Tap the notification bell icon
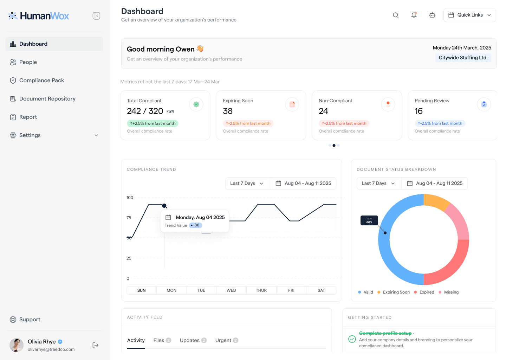pyautogui.click(x=414, y=15)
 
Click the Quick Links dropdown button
pyautogui.click(x=469, y=15)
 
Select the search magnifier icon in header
pyautogui.click(x=396, y=15)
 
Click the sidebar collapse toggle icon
pyautogui.click(x=96, y=16)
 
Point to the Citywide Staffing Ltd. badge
pyautogui.click(x=463, y=58)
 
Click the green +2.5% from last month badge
pyautogui.click(x=153, y=123)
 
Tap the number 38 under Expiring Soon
pyautogui.click(x=227, y=111)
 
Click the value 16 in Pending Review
pyautogui.click(x=419, y=111)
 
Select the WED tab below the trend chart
pyautogui.click(x=231, y=290)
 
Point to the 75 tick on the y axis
pyautogui.click(x=129, y=218)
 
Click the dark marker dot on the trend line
pyautogui.click(x=164, y=206)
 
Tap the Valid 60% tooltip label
pyautogui.click(x=369, y=220)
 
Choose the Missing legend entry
pyautogui.click(x=449, y=292)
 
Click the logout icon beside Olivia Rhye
pyautogui.click(x=95, y=345)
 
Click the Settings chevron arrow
pyautogui.click(x=96, y=135)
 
